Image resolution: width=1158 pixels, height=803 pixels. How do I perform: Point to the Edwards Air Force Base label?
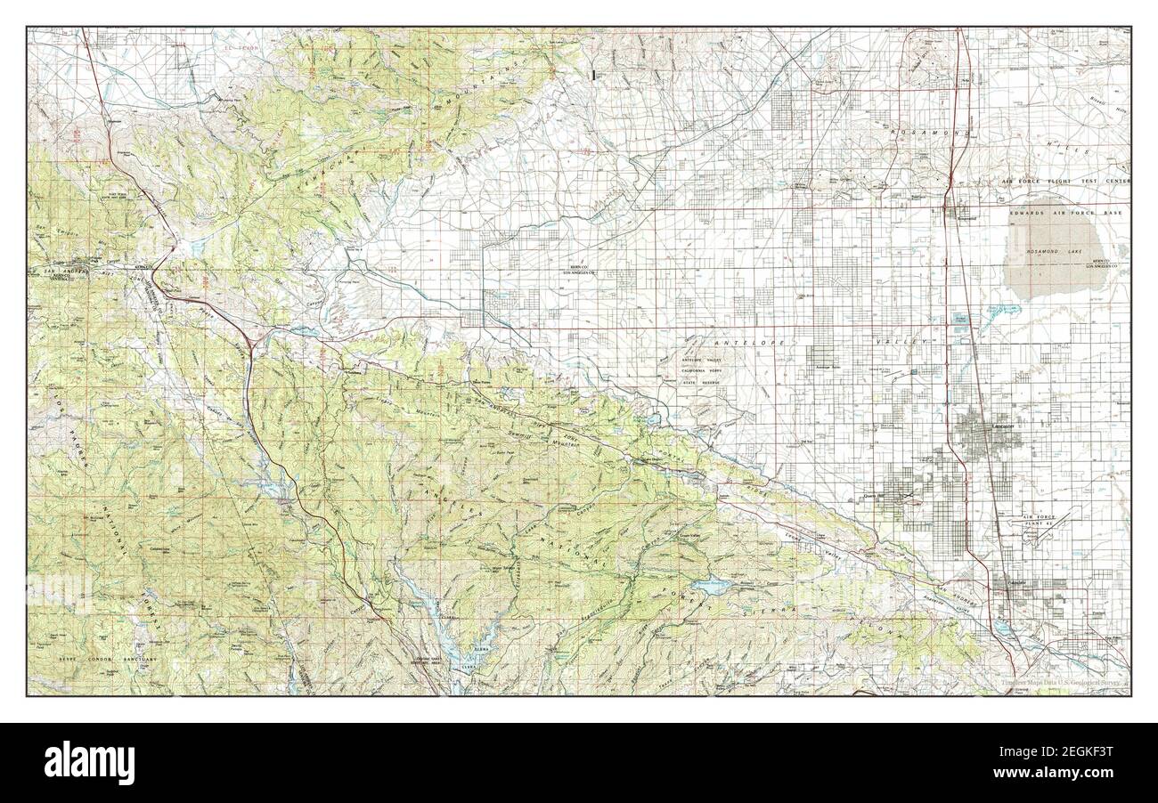1069,214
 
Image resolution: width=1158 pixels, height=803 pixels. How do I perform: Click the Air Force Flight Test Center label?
1052,181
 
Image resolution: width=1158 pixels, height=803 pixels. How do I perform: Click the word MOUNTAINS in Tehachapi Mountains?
517,89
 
